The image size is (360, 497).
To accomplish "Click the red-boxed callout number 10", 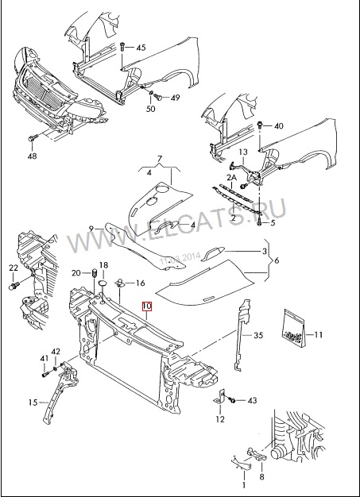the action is click(x=148, y=306).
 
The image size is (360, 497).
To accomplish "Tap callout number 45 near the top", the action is click(x=141, y=48).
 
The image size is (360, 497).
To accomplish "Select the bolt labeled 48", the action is click(x=33, y=138).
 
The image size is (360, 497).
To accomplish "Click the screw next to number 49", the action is click(x=160, y=96).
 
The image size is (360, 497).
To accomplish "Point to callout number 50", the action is click(x=151, y=109).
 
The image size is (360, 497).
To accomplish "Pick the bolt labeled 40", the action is click(x=261, y=124).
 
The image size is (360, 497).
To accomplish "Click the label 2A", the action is click(x=232, y=179).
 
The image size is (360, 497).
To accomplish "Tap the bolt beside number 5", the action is click(x=260, y=222).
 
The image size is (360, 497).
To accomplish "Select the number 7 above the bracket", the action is click(x=160, y=159).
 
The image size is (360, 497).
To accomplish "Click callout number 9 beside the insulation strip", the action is click(x=91, y=228).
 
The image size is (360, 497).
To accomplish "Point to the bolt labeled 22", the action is click(x=14, y=287).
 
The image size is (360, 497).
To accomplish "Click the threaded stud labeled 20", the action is click(x=95, y=272).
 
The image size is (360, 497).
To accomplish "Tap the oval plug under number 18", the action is click(x=103, y=283).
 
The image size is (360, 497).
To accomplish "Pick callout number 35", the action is click(x=258, y=335).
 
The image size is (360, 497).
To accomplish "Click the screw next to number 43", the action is click(x=232, y=401).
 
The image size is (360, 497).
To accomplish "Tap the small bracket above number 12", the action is click(x=219, y=398).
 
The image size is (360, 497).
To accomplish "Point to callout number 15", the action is click(x=33, y=403).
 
